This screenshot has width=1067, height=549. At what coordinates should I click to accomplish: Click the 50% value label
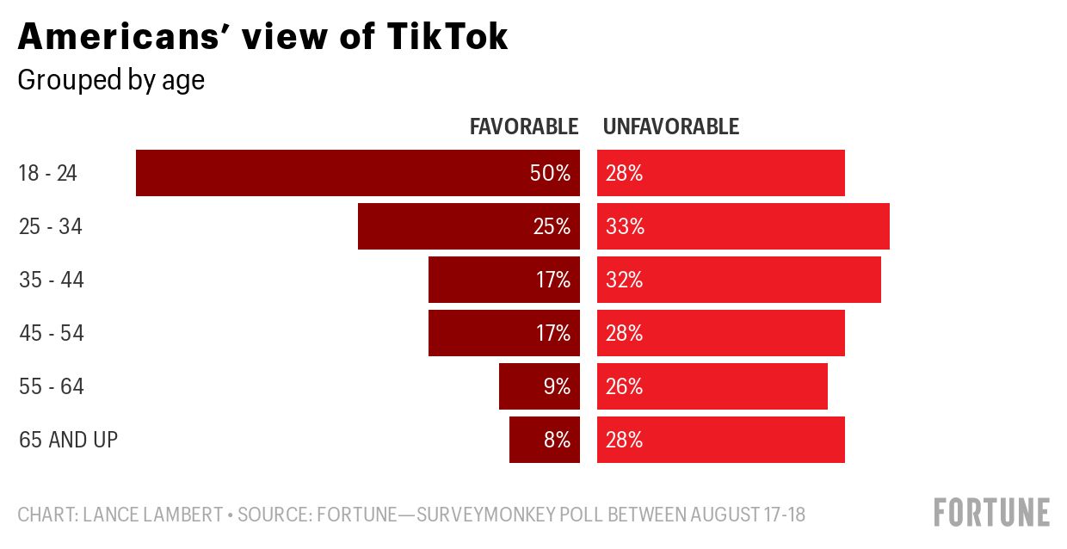point(551,173)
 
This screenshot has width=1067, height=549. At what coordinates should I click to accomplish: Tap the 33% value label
point(625,226)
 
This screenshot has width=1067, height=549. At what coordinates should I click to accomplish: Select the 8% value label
point(557,440)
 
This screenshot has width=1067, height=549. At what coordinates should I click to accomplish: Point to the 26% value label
point(625,386)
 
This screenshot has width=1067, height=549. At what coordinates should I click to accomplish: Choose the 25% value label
point(551,226)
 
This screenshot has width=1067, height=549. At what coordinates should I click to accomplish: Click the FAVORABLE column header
point(524,126)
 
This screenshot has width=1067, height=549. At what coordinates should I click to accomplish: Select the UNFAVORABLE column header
point(671,126)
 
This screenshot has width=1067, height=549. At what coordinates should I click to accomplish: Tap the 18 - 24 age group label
point(48,173)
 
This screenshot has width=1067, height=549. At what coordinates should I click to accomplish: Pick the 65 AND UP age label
point(68,440)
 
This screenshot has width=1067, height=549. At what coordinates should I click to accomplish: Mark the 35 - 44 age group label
point(52,280)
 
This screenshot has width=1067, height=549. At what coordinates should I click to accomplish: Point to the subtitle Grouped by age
point(111,80)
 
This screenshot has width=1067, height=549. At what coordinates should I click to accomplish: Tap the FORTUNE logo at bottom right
point(992,511)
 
